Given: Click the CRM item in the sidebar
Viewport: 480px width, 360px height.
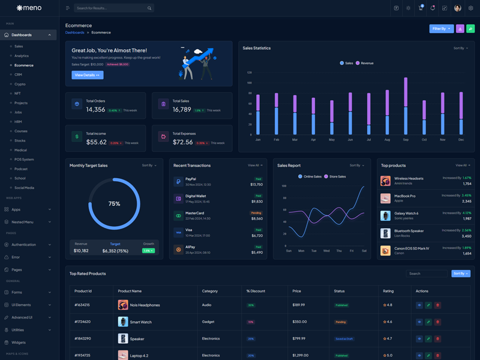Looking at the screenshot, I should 18,74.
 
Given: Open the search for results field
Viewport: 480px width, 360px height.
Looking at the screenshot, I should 111,8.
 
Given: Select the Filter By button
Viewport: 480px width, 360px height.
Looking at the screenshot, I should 441,28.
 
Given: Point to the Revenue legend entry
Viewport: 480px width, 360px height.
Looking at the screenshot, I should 365,63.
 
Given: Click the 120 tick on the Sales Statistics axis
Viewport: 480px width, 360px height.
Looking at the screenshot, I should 249,72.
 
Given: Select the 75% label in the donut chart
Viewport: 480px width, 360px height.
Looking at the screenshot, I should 114,204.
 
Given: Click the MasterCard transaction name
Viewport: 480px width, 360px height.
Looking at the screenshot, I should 195,213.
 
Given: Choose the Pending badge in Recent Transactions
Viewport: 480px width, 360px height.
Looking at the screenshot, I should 256,213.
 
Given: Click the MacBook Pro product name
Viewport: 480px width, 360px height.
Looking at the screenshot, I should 405,196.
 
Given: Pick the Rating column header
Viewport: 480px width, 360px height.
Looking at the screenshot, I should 388,291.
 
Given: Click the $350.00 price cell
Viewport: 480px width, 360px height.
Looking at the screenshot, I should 299,322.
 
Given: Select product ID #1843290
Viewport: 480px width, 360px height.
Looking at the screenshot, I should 82,338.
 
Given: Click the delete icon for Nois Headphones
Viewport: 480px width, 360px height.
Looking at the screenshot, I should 437,305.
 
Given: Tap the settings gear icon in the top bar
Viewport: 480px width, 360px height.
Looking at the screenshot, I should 470,8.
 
